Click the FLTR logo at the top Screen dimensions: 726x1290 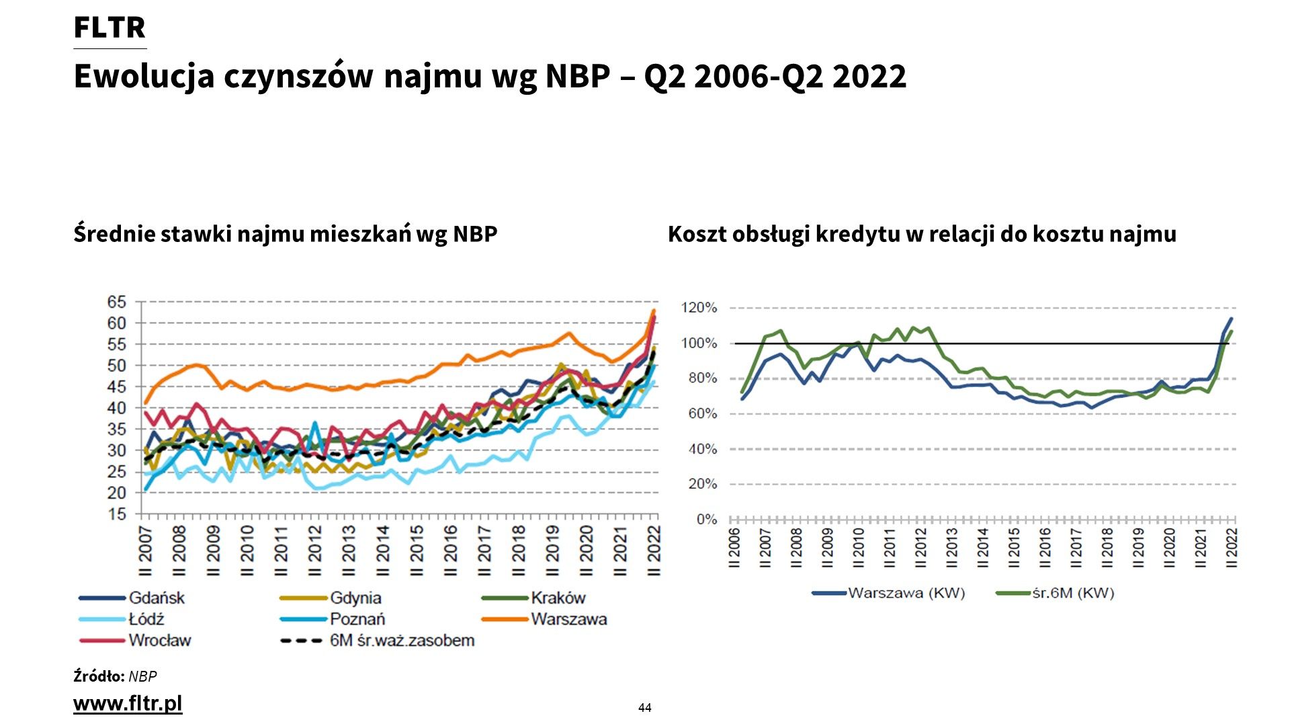point(110,28)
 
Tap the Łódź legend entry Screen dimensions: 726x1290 point(146,619)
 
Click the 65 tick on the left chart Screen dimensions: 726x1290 point(116,302)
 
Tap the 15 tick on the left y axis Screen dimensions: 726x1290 point(116,514)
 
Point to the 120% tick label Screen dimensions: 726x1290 point(699,308)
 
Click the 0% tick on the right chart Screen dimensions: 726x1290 point(707,520)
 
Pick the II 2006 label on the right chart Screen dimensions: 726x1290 point(734,547)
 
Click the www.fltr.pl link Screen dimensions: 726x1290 point(128,704)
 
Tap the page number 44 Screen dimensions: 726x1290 point(645,708)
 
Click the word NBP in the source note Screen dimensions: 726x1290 point(142,676)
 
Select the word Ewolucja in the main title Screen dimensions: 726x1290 point(144,76)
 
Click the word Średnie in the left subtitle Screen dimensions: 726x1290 point(114,234)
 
